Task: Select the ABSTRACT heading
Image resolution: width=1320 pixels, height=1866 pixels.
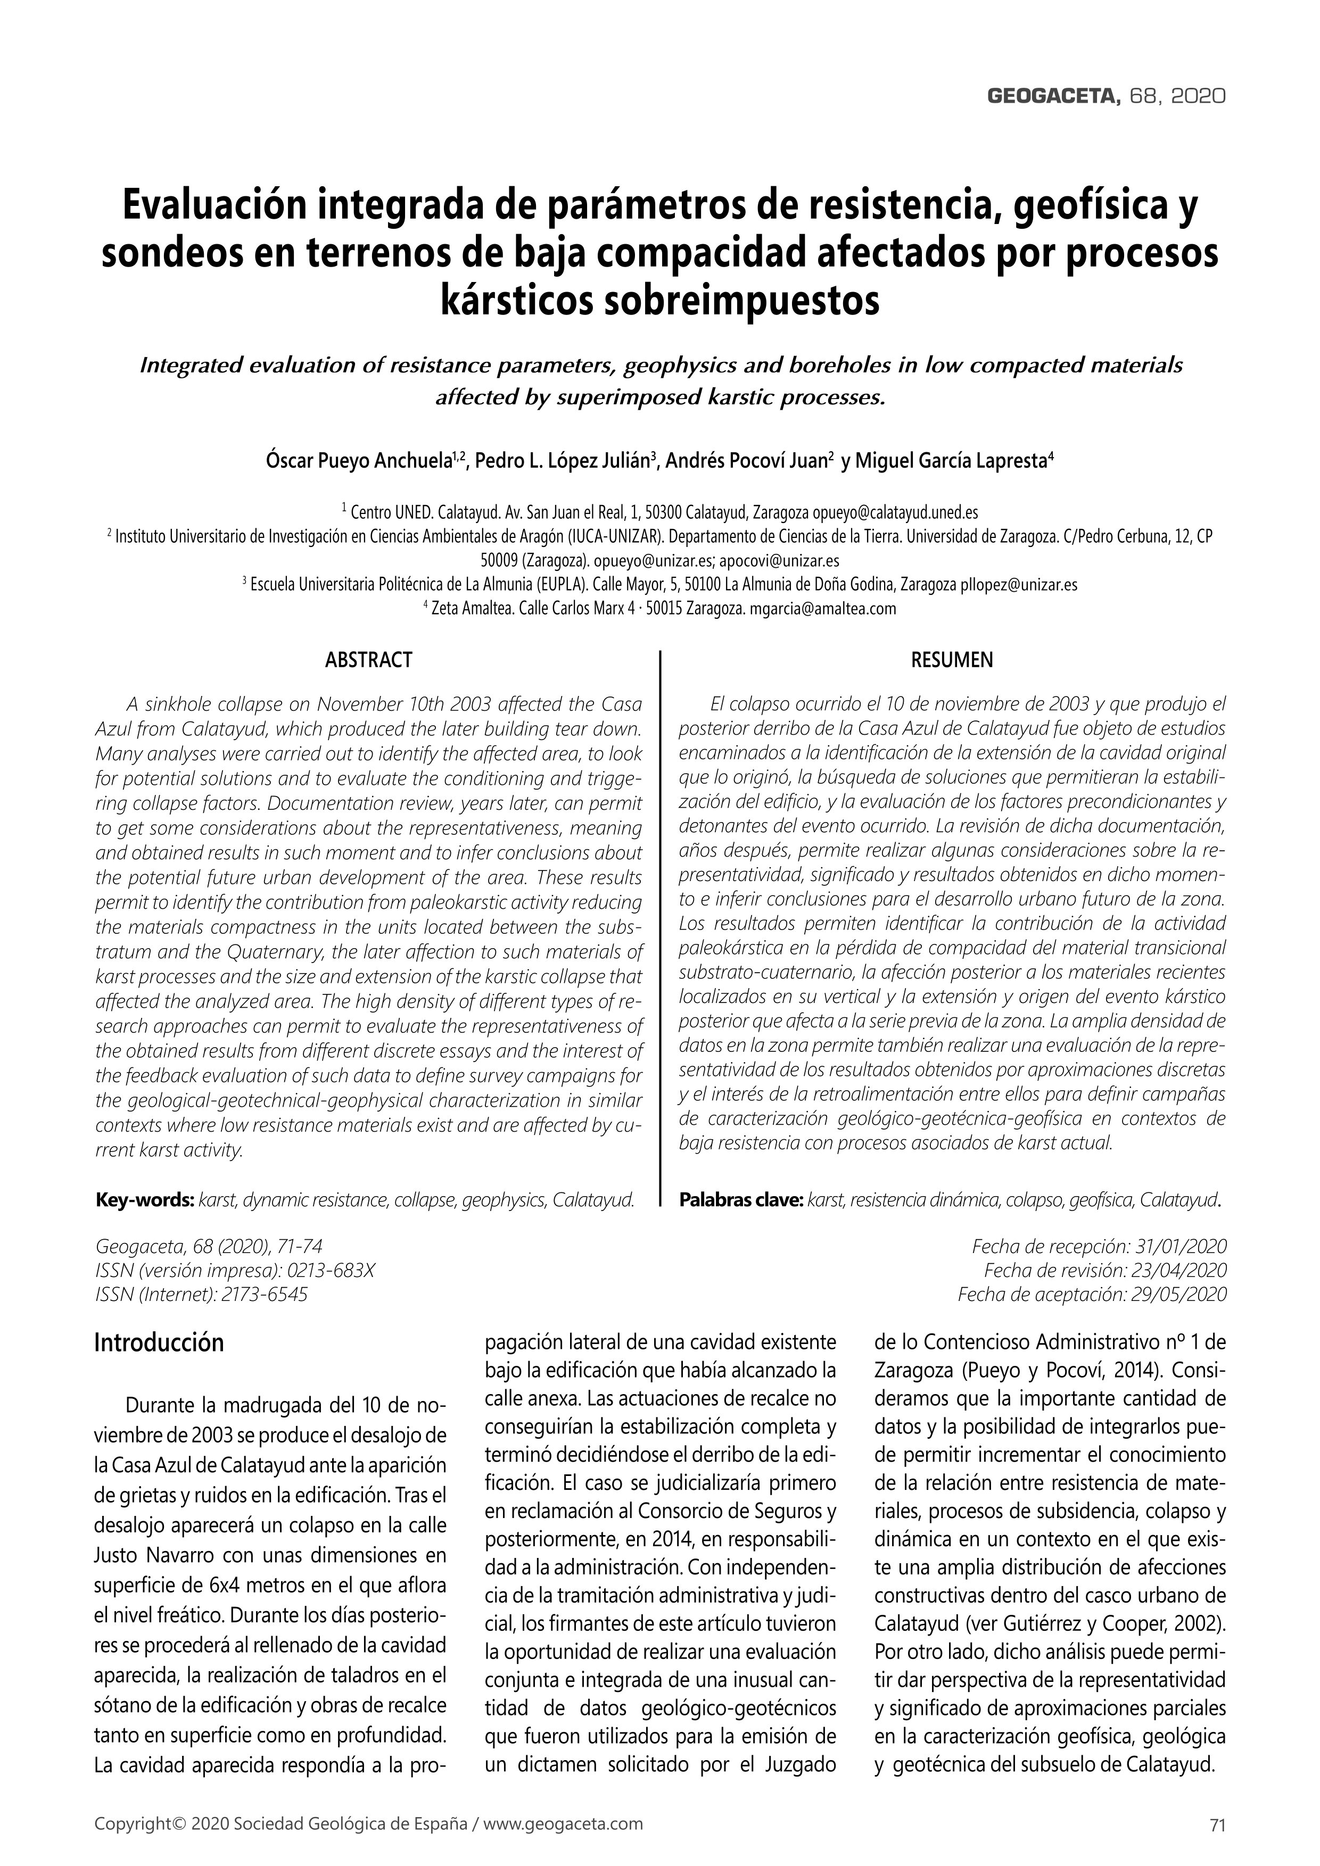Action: (x=368, y=660)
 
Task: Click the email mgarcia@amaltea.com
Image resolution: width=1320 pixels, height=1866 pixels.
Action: (x=822, y=608)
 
